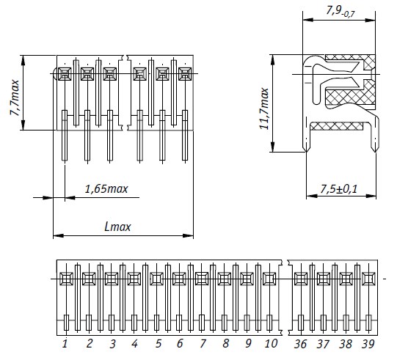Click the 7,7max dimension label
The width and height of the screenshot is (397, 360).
15,98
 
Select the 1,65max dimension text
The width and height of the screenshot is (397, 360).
106,189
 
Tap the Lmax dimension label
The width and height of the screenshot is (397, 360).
117,227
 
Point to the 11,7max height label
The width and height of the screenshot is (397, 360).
264,109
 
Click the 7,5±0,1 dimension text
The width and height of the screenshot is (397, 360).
339,189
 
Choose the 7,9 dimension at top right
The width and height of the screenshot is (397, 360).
340,12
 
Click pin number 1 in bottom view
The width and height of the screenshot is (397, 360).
65,344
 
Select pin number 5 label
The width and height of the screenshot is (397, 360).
158,344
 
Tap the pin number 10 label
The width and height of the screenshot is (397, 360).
271,344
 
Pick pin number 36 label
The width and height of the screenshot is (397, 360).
300,344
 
